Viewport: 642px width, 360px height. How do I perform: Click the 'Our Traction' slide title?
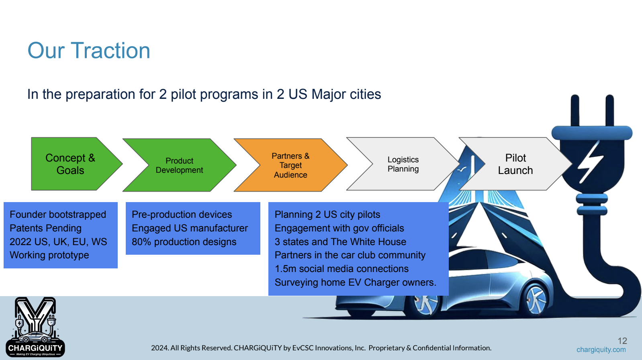pyautogui.click(x=89, y=51)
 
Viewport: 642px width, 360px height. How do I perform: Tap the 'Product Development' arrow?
pyautogui.click(x=180, y=165)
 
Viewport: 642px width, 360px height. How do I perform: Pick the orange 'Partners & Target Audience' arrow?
pyautogui.click(x=290, y=165)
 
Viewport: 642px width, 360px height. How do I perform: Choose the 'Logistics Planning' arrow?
pyautogui.click(x=403, y=164)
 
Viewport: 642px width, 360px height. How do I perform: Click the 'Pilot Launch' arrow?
pyautogui.click(x=515, y=164)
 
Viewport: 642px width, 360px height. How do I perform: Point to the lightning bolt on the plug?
pyautogui.click(x=591, y=162)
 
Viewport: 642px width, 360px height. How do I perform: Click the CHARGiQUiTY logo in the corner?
pyautogui.click(x=35, y=327)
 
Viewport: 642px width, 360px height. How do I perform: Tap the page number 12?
pyautogui.click(x=622, y=341)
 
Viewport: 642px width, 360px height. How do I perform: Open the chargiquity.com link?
pyautogui.click(x=601, y=350)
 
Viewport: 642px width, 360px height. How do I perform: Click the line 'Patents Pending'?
pyautogui.click(x=45, y=228)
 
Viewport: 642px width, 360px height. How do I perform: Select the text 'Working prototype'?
pyautogui.click(x=49, y=255)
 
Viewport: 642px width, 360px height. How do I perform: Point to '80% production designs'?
pyautogui.click(x=184, y=241)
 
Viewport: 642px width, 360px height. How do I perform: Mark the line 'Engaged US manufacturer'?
pyautogui.click(x=190, y=228)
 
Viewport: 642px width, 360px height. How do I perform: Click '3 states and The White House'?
pyautogui.click(x=340, y=241)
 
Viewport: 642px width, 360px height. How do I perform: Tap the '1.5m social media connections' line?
pyautogui.click(x=341, y=268)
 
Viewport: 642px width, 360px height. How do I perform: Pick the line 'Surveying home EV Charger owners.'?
pyautogui.click(x=356, y=282)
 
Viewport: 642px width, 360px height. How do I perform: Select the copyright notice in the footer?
pyautogui.click(x=321, y=348)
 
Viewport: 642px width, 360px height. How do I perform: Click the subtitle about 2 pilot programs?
pyautogui.click(x=204, y=94)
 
